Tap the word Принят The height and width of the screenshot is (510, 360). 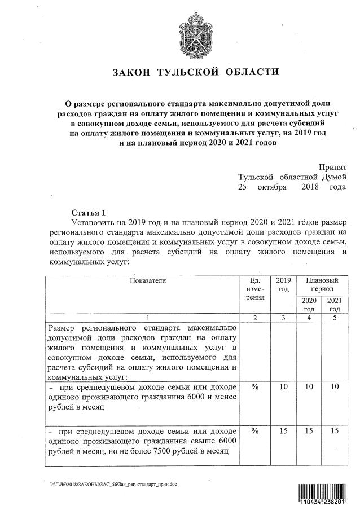click(x=332, y=167)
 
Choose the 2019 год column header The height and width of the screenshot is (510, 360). click(x=284, y=284)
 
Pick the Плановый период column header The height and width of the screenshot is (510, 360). click(x=322, y=284)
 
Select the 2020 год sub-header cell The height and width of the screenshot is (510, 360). click(x=309, y=305)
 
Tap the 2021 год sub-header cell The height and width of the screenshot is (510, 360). click(x=335, y=305)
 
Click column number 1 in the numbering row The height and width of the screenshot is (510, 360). click(x=148, y=318)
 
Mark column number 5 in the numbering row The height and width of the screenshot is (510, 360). click(x=335, y=318)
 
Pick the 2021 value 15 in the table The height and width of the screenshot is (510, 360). click(x=335, y=431)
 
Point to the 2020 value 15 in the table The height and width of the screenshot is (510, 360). click(x=309, y=431)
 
